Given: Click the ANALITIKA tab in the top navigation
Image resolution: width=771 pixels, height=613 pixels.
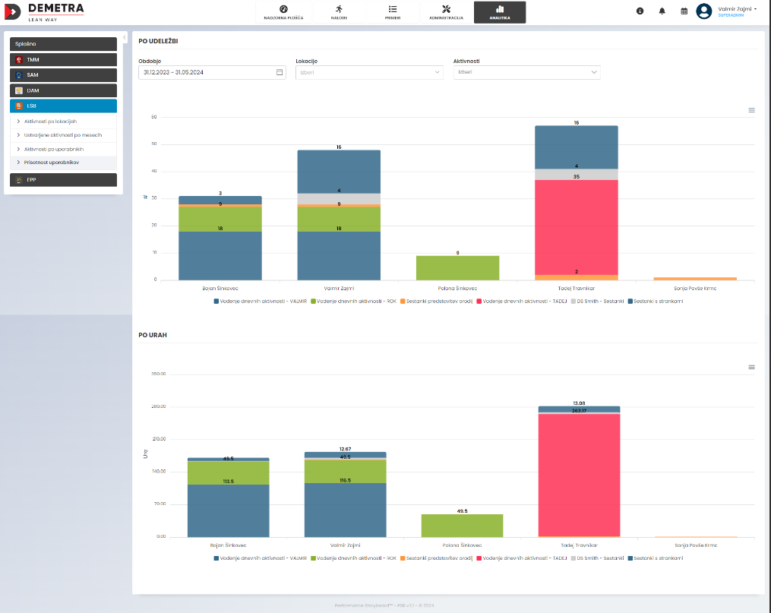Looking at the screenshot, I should pos(499,12).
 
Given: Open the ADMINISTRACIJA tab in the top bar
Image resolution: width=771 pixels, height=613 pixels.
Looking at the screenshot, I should pos(446,12).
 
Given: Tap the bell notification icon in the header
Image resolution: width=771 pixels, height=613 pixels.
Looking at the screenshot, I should pos(662,11).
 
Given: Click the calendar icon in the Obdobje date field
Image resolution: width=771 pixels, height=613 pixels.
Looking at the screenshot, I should pos(280,72).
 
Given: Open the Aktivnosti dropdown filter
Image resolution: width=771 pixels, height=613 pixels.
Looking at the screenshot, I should pos(526,72).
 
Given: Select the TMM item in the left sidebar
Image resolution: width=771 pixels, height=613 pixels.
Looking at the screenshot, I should pos(63,59).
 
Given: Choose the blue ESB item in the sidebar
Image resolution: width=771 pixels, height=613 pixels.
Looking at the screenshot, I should pos(63,106).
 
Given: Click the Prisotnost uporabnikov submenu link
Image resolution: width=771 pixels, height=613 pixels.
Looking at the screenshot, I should pos(52,162).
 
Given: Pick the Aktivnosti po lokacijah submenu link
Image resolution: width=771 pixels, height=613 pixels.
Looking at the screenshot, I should pos(50,121).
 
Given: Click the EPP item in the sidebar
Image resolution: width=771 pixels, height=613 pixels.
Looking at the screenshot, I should pos(63,180).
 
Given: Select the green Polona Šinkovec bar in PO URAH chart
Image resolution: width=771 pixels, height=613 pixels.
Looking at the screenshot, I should pos(462,526).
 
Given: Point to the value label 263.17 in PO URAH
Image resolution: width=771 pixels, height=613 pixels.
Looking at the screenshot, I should pos(579,411).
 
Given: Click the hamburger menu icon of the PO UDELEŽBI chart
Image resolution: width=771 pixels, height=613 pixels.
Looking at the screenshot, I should pos(751,110).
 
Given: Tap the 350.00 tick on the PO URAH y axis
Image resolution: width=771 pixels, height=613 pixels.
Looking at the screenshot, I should pos(158,374).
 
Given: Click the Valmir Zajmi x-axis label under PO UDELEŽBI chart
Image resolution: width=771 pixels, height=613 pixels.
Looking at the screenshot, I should pos(339,289).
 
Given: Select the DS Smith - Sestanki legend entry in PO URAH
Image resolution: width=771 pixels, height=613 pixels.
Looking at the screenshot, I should pos(599,558).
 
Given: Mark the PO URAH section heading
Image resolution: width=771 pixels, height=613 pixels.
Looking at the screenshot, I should pos(153,334).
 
